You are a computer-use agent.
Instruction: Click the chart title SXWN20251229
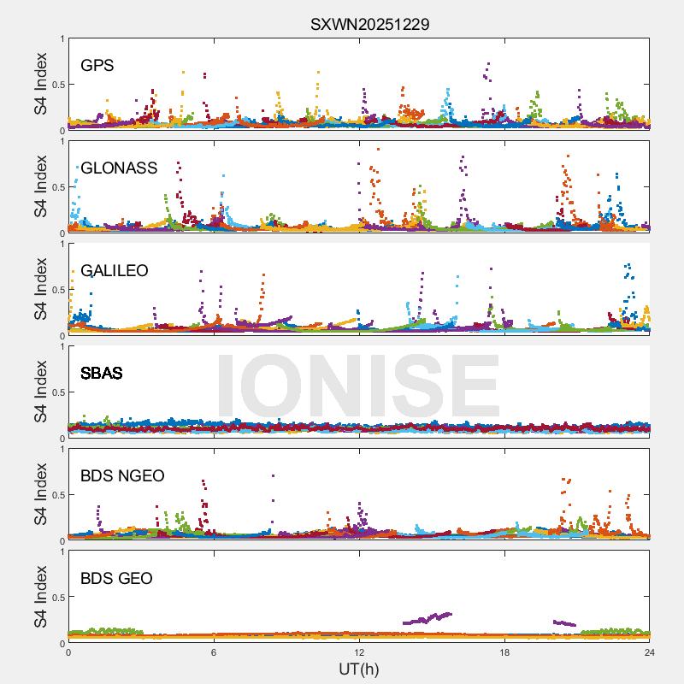point(369,24)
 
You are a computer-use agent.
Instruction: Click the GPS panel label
point(97,65)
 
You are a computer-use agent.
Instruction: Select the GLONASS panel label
point(119,168)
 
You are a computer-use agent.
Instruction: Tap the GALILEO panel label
point(114,270)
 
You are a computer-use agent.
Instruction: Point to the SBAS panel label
point(101,373)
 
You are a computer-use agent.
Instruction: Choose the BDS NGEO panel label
point(122,475)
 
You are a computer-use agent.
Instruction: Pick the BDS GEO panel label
point(116,579)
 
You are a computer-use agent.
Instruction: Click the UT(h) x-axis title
point(359,669)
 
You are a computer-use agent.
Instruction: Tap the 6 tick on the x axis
point(214,652)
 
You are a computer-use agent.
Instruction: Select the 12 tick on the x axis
point(359,652)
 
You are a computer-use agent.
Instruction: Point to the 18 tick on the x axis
point(504,652)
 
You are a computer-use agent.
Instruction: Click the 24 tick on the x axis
point(650,652)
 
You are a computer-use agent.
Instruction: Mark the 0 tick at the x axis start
point(68,652)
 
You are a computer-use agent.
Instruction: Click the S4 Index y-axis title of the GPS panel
point(41,85)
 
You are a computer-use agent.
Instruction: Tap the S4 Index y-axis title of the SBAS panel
point(41,392)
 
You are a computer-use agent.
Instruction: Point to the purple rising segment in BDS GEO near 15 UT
point(427,618)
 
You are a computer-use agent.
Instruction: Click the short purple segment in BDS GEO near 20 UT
point(564,623)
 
